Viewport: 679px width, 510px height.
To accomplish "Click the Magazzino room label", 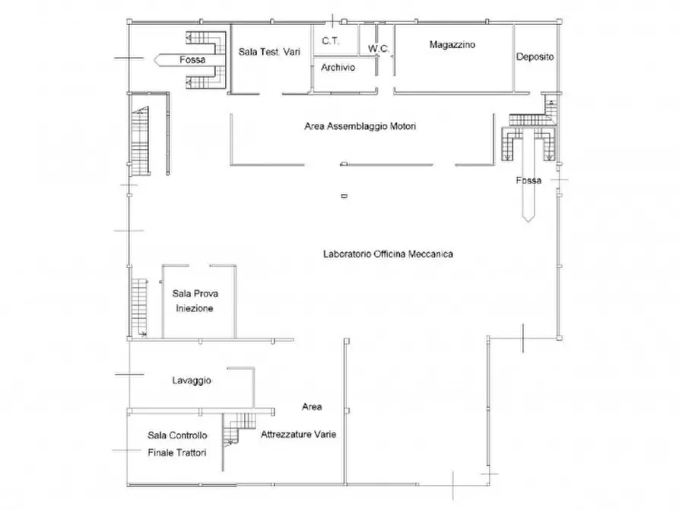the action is click(x=452, y=45).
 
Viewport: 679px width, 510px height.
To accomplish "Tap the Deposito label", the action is click(x=535, y=57).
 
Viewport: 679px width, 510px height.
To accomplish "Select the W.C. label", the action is click(x=379, y=49).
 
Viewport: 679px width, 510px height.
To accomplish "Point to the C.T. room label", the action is click(x=331, y=41).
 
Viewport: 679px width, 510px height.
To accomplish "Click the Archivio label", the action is click(x=338, y=68).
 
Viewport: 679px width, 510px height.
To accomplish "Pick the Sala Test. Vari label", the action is click(x=269, y=52).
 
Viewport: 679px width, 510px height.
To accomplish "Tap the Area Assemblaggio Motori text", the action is click(x=360, y=126).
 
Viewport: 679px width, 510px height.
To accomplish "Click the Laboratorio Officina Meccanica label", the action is click(x=388, y=254).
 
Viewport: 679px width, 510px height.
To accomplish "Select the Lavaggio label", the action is click(x=192, y=381).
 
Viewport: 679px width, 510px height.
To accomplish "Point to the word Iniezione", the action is click(x=195, y=308).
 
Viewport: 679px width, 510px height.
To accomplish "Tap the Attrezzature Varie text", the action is click(x=298, y=435).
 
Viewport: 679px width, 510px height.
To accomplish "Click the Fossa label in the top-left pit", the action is click(x=192, y=60).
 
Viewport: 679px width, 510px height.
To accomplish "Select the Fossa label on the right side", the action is click(x=528, y=180).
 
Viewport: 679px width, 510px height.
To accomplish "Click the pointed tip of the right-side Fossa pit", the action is click(x=528, y=222).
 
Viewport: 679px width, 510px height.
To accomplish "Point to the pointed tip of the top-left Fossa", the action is click(x=154, y=60).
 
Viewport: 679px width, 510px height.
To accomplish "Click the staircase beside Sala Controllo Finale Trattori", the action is click(x=237, y=429).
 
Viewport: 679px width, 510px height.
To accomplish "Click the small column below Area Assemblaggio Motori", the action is click(x=344, y=196).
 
